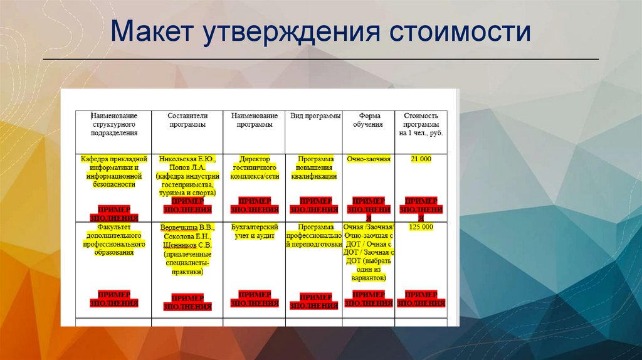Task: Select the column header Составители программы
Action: pos(187,120)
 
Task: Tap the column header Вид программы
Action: pos(315,116)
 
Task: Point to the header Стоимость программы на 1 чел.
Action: pos(421,124)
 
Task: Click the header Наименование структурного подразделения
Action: pos(114,124)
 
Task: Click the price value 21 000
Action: pos(421,159)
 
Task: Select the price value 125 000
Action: pos(421,227)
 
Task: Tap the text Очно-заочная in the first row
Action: pos(369,159)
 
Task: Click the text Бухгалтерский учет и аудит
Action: pos(255,231)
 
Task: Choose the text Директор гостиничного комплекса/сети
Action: pos(255,168)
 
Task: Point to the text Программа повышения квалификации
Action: pos(314,168)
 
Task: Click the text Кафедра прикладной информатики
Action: pos(114,164)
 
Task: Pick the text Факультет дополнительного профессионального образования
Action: pos(114,240)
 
